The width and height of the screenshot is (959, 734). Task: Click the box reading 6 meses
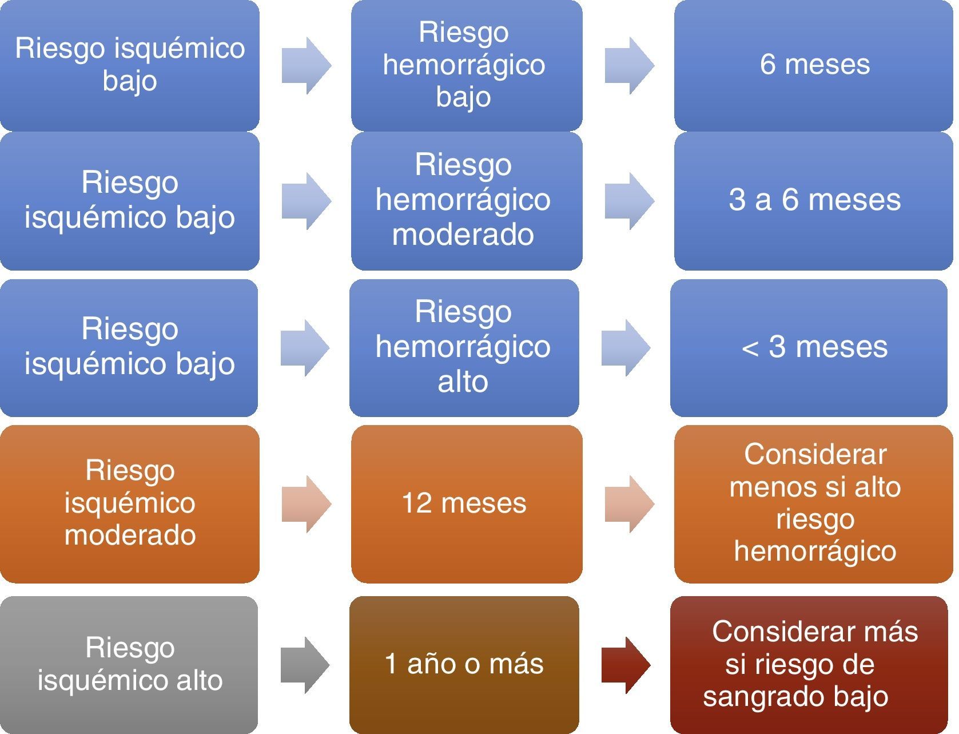coord(813,65)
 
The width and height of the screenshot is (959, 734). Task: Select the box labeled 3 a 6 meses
coord(813,200)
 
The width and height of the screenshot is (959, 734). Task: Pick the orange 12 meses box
coord(466,503)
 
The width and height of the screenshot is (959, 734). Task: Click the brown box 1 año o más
coord(464,664)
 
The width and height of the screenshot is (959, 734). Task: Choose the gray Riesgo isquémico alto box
coord(129,664)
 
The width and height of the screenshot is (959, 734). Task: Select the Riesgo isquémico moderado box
coord(130,503)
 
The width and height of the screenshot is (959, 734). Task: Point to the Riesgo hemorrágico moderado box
coord(466,200)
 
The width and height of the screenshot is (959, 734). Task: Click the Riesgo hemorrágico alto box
coord(464,347)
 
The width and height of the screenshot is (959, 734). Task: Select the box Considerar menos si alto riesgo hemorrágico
coord(813,503)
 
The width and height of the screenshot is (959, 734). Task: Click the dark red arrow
coord(626,664)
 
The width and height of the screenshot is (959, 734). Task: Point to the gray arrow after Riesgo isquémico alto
coord(305,664)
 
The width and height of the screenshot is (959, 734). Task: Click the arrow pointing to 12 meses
coord(306,503)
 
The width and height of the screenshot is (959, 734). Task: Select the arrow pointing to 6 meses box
coord(629,65)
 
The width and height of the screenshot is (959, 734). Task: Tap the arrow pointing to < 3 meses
coord(626,347)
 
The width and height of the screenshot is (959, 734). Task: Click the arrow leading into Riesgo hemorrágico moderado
coord(306,201)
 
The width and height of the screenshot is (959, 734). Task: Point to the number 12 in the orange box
coord(416,503)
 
